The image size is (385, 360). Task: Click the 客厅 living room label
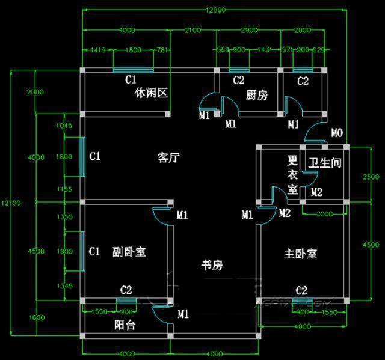coord(169,158)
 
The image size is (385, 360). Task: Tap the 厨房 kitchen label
coord(257,95)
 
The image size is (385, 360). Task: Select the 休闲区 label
coord(150,93)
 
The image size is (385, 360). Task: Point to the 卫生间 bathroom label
coord(325,163)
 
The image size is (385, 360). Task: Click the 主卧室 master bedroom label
coord(300,254)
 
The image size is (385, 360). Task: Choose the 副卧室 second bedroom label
coord(129,252)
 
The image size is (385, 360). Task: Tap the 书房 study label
coord(212,265)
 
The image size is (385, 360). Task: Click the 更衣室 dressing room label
coord(292,175)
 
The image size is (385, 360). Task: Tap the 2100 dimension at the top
coord(193,31)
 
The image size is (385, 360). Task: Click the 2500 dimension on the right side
coord(371,176)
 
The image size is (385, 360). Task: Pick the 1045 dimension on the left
coord(64,126)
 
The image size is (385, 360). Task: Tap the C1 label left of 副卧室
coord(94,251)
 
